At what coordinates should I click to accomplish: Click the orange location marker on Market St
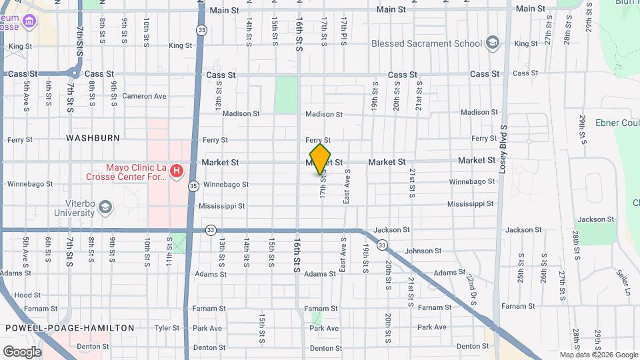click(321, 159)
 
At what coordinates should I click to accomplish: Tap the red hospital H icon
click(177, 171)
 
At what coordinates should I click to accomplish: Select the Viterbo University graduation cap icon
click(105, 207)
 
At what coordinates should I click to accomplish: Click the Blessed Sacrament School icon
click(493, 43)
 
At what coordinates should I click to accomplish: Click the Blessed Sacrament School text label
click(427, 43)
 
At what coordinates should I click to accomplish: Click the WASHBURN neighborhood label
click(93, 138)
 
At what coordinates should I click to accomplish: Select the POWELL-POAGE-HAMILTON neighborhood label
click(70, 327)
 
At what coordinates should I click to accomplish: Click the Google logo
click(21, 351)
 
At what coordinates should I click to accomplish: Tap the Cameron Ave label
click(144, 96)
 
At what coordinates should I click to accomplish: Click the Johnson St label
click(419, 251)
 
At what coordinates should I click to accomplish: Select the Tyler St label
click(167, 327)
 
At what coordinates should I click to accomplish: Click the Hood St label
click(27, 295)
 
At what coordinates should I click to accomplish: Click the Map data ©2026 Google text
click(598, 355)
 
